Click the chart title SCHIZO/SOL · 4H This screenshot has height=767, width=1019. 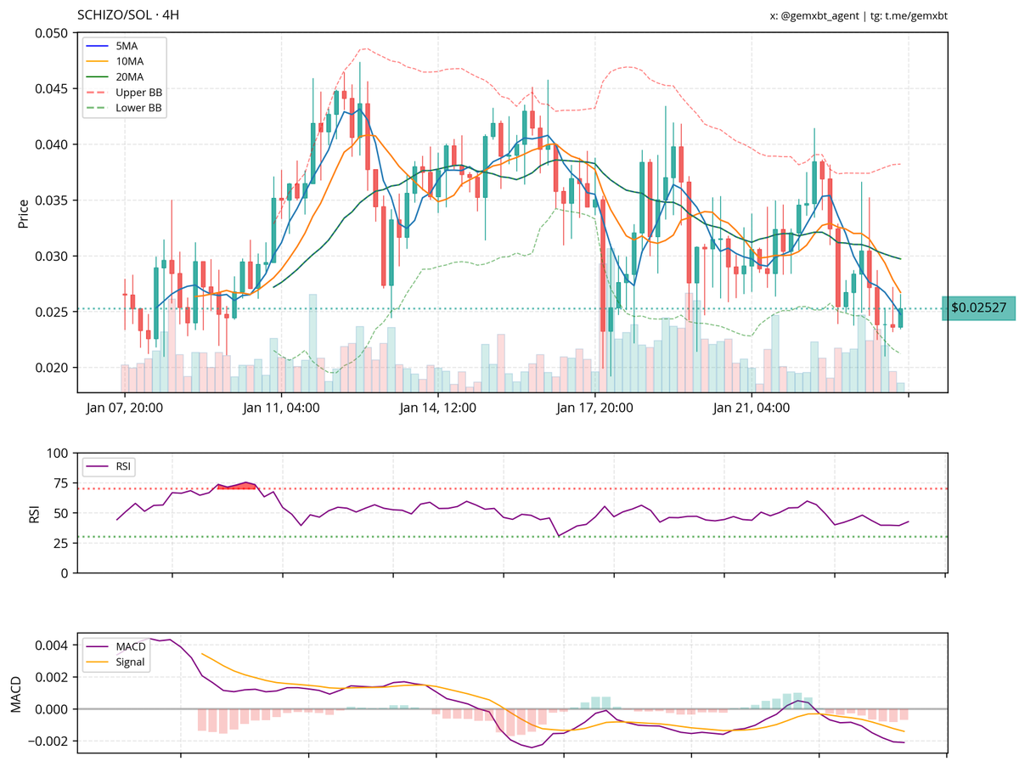128,15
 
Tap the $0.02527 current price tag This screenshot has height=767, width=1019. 978,307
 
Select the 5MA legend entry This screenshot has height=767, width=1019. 128,45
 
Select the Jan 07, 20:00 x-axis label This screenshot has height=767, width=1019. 125,409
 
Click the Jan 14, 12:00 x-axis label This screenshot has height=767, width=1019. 437,409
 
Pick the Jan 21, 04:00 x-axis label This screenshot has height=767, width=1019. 751,409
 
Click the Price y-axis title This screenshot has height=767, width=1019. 24,213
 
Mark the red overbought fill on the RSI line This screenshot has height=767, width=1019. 237,486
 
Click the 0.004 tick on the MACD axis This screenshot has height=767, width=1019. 53,646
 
